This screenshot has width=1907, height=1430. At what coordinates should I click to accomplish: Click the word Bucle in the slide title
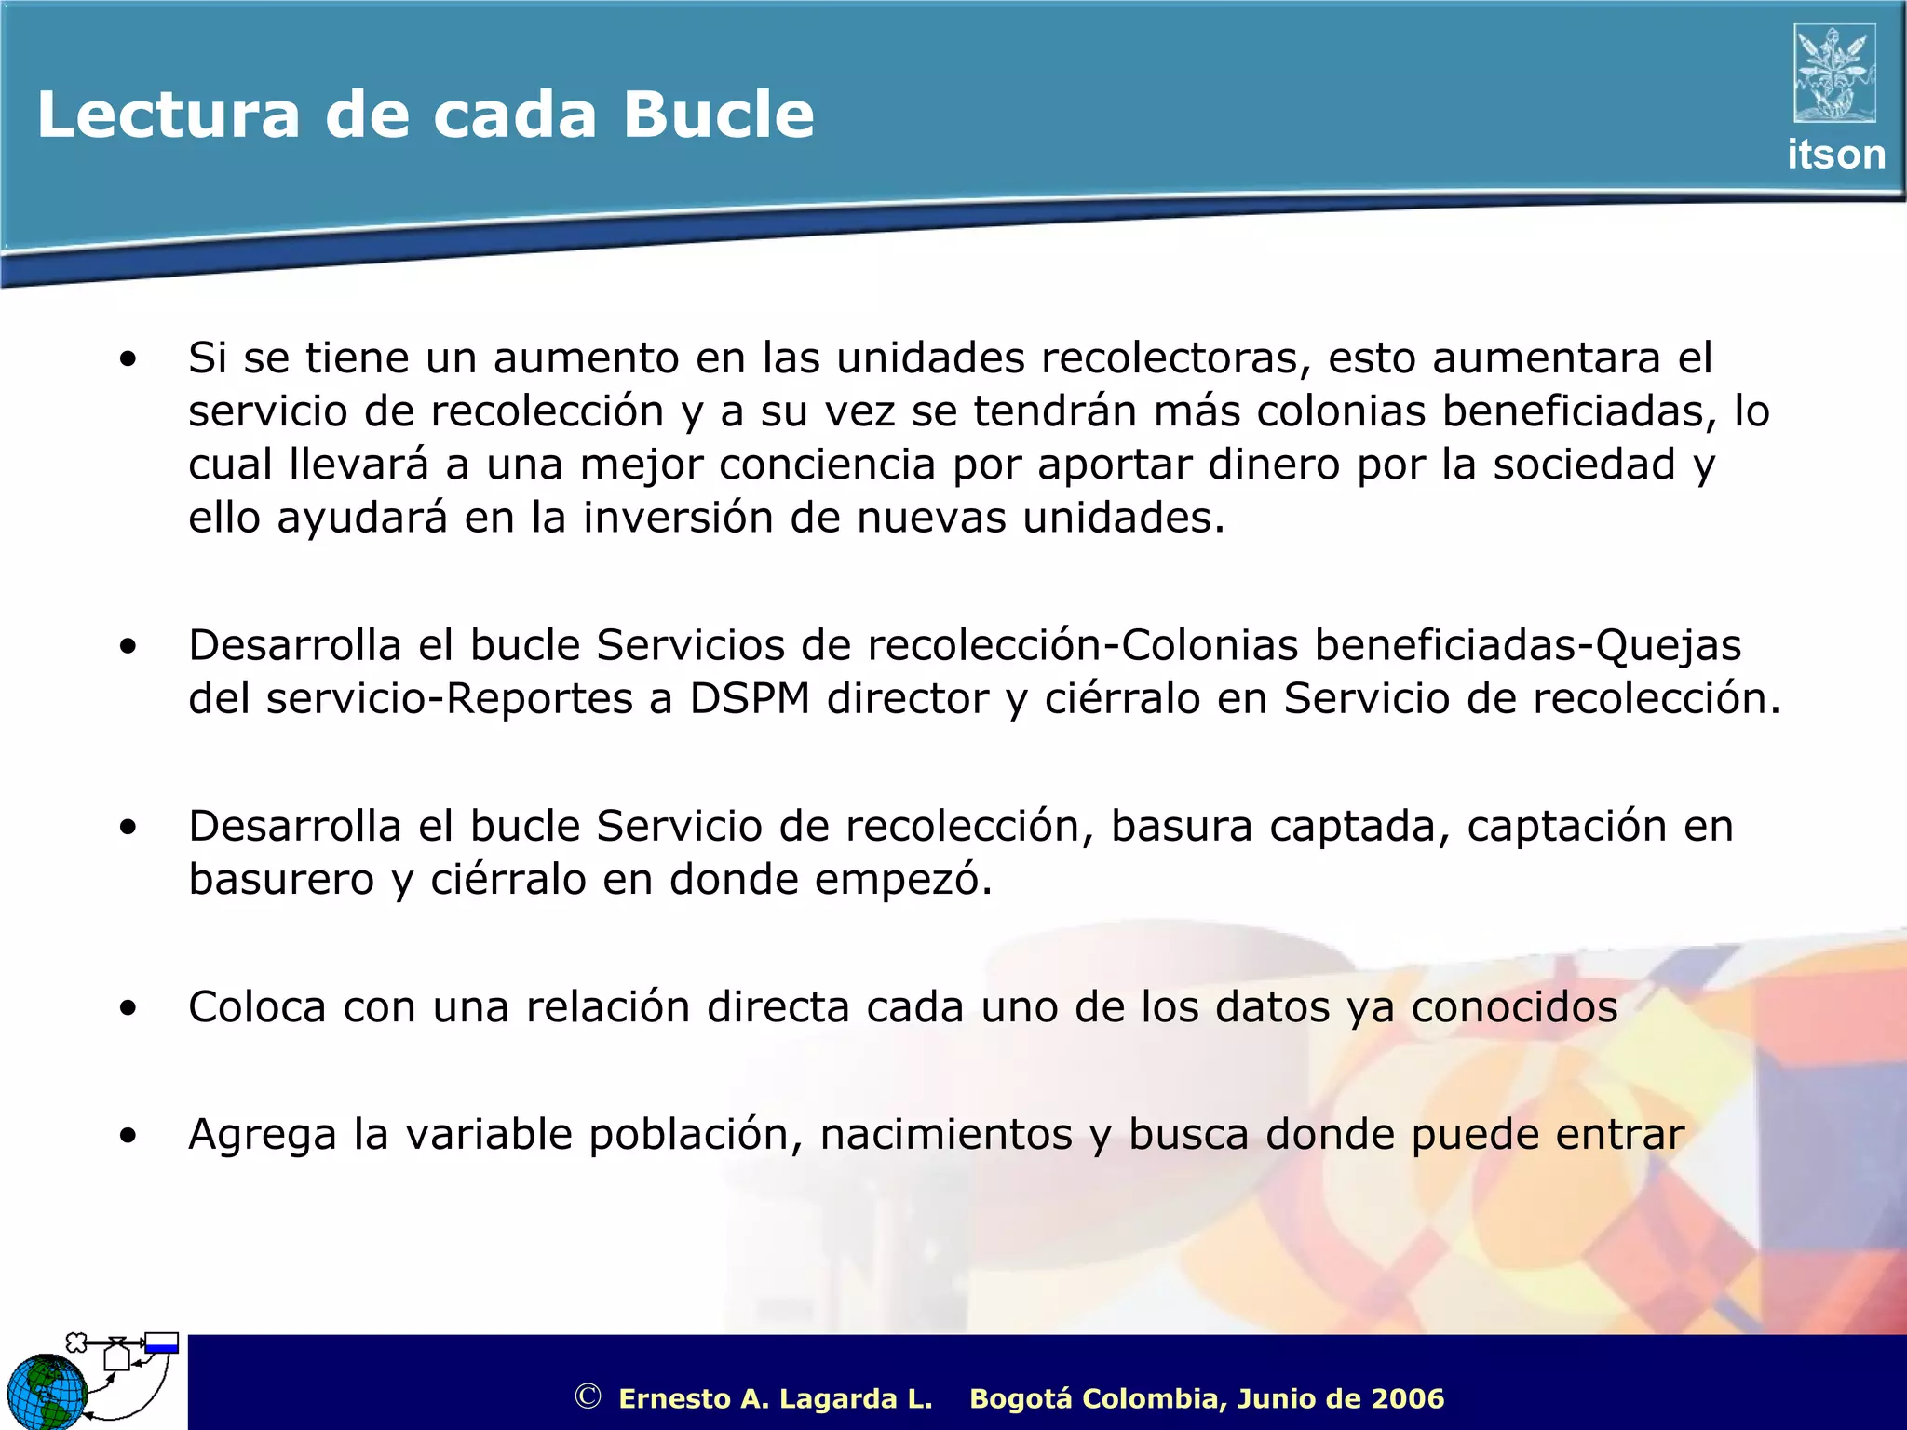tap(719, 115)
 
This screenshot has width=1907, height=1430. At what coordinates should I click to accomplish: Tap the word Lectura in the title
tap(169, 115)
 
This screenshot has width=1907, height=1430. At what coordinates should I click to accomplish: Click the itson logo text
tap(1835, 155)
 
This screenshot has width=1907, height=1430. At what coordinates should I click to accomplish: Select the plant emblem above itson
tap(1834, 74)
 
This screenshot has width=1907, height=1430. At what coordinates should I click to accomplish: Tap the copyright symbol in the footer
tap(588, 1396)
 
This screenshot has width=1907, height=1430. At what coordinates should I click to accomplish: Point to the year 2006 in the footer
tap(1407, 1398)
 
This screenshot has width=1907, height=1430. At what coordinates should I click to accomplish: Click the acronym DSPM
tap(750, 699)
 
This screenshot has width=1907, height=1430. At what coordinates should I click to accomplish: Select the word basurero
tap(281, 880)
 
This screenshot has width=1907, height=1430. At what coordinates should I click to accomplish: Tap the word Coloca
tap(257, 1007)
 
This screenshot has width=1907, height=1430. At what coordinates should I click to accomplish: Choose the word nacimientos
tap(946, 1135)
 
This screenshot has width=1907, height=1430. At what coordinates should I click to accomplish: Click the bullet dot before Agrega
tap(128, 1136)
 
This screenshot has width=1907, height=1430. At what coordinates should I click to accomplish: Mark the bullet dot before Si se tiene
tap(128, 359)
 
